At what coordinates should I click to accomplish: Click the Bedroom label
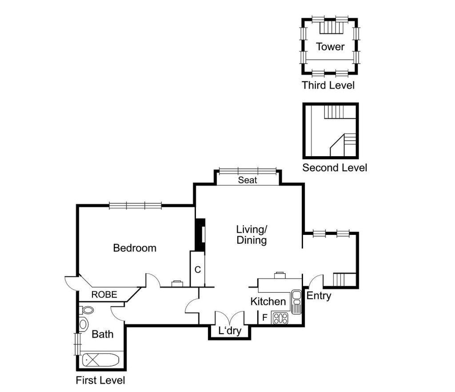(x=135, y=248)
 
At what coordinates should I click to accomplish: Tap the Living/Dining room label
(x=251, y=235)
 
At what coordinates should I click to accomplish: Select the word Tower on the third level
(x=330, y=47)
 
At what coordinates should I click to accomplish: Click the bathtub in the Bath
(x=100, y=360)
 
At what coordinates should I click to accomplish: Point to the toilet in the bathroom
(x=87, y=310)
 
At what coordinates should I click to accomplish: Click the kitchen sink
(x=296, y=302)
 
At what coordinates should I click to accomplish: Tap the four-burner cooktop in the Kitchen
(x=280, y=318)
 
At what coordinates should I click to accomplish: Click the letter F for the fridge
(x=265, y=318)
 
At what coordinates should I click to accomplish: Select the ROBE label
(x=104, y=295)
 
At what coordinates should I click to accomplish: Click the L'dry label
(x=230, y=331)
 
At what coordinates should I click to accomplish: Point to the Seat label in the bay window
(x=247, y=180)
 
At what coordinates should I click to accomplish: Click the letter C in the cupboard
(x=198, y=270)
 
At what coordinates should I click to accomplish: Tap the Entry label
(x=319, y=296)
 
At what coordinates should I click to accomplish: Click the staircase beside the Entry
(x=344, y=279)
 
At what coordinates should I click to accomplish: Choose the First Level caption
(x=100, y=380)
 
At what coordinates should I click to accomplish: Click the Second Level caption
(x=335, y=168)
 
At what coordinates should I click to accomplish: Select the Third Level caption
(x=328, y=85)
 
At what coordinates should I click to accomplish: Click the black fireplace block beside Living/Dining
(x=200, y=234)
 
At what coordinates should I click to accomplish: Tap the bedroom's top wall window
(x=135, y=206)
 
